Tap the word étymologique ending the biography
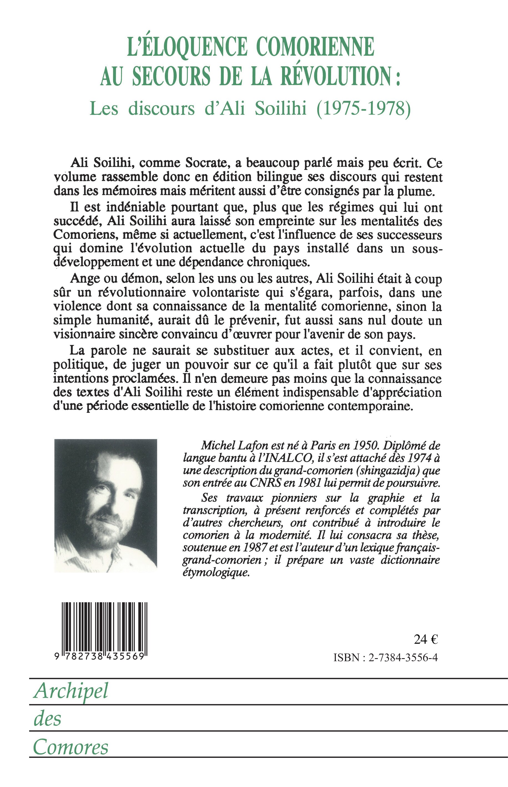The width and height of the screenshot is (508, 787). pos(215,573)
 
